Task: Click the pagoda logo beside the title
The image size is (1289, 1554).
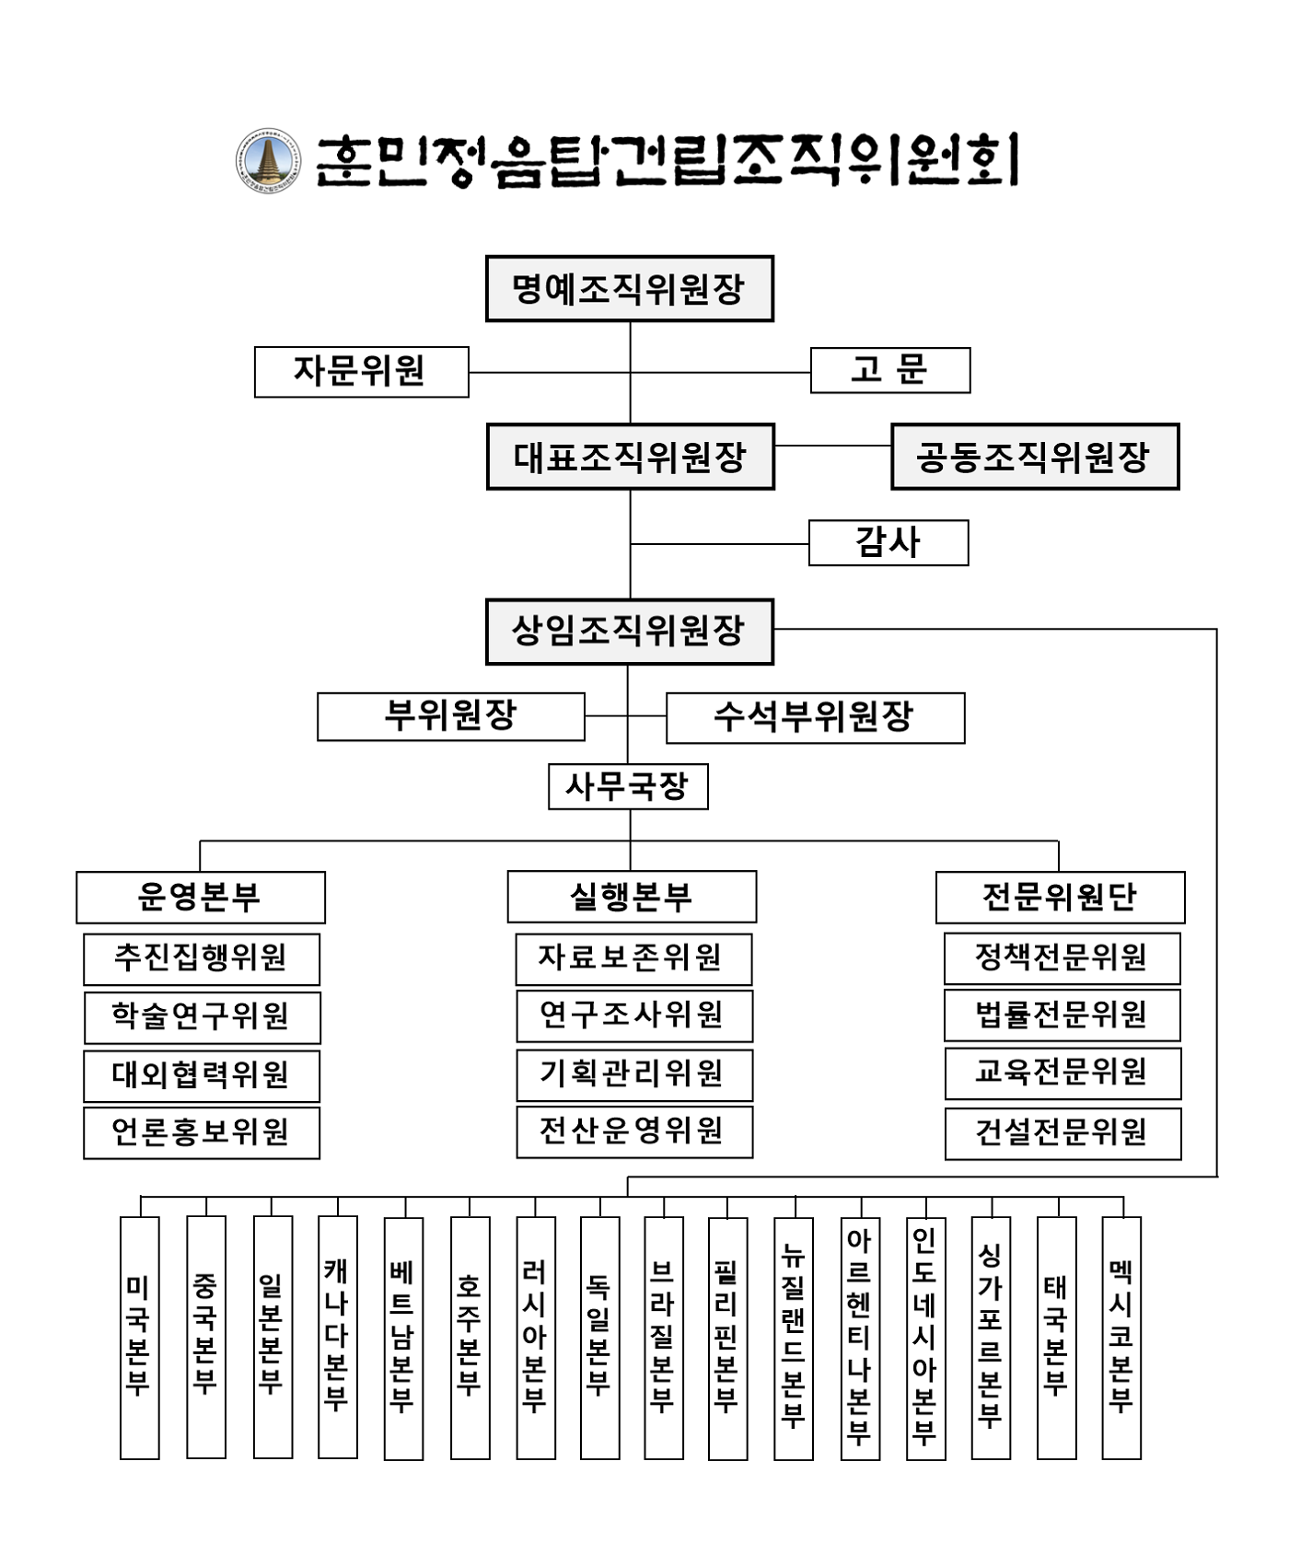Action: [268, 161]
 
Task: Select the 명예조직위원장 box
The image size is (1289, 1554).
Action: [629, 289]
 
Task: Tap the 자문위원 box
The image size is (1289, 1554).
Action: [361, 372]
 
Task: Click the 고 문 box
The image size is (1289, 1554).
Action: [889, 370]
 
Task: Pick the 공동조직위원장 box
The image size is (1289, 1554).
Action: [1034, 457]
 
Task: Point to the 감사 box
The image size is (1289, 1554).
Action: [888, 542]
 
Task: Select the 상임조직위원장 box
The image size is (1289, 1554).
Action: [629, 632]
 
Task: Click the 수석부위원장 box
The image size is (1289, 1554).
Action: [815, 718]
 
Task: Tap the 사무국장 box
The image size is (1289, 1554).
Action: [628, 786]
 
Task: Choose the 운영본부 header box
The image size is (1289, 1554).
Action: [200, 897]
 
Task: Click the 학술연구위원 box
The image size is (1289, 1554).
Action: [201, 1016]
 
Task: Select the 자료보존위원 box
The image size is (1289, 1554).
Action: [633, 958]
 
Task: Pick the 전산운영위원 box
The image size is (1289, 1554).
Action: [633, 1131]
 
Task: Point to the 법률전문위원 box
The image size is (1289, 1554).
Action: [1062, 1015]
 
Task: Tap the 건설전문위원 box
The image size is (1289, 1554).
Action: [1063, 1133]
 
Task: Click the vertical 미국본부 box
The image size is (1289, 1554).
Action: [139, 1337]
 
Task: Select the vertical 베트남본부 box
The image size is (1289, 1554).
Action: [403, 1337]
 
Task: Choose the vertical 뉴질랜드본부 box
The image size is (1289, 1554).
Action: [793, 1337]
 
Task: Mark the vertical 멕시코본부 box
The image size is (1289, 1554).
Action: [1121, 1337]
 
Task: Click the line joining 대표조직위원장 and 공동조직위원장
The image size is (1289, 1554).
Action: [832, 446]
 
